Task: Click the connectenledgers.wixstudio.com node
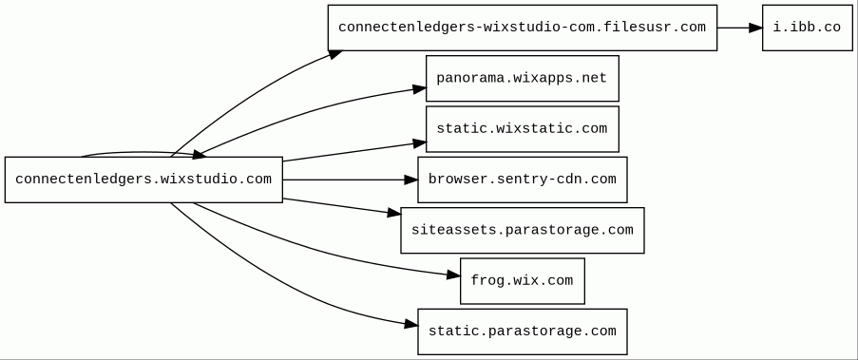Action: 143,180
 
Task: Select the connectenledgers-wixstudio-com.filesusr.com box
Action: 522,28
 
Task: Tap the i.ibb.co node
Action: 807,28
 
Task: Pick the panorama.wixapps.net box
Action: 522,78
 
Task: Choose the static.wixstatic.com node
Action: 522,129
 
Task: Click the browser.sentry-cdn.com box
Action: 522,180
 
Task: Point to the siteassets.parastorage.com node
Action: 522,230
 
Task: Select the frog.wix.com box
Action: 522,280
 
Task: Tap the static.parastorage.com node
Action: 522,332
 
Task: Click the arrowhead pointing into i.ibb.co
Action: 755,28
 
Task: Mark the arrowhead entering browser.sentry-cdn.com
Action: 410,180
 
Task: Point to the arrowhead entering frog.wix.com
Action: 453,275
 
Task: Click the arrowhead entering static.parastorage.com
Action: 410,325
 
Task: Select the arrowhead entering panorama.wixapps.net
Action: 419,88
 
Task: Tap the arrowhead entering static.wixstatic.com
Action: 419,143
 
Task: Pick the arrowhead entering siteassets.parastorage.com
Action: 394,213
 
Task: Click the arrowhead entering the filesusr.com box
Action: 335,53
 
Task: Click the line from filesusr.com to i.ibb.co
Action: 733,28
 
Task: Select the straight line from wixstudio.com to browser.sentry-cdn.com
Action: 343,180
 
